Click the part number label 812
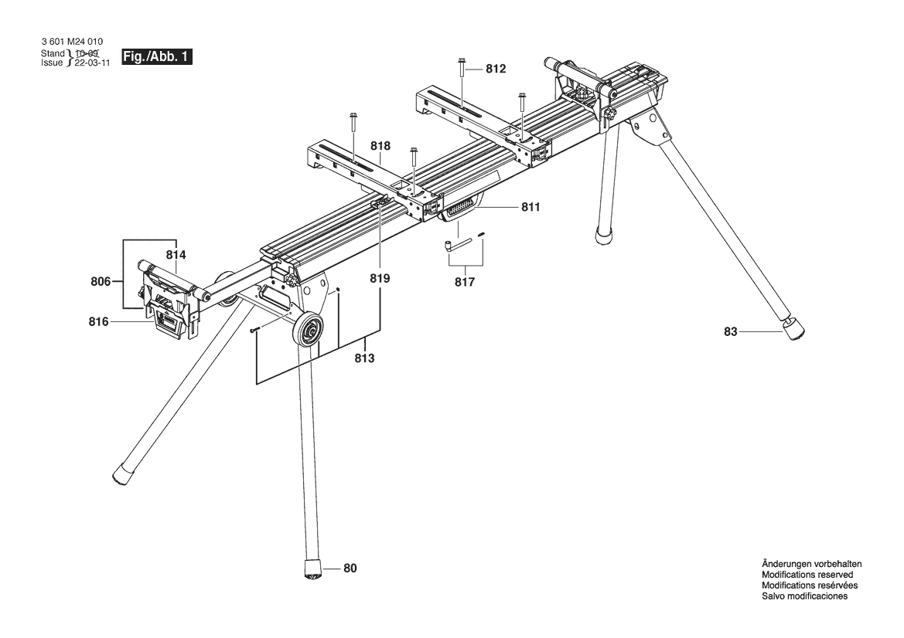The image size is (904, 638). tap(496, 69)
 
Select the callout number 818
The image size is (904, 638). tap(380, 146)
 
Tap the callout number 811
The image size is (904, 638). tap(530, 207)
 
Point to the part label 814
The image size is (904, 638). tap(176, 255)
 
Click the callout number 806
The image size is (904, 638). tap(101, 282)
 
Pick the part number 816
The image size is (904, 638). tap(98, 322)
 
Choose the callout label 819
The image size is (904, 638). tap(380, 279)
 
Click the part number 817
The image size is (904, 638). tap(465, 282)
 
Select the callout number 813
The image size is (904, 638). tap(364, 358)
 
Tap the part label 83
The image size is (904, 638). tap(731, 331)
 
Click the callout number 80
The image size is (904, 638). tap(350, 568)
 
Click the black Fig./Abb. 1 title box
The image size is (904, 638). tap(156, 57)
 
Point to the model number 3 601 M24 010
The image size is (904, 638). tap(72, 42)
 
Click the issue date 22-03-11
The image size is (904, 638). tap(91, 63)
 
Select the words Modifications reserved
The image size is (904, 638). tap(807, 575)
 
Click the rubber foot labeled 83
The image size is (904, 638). tap(794, 328)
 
